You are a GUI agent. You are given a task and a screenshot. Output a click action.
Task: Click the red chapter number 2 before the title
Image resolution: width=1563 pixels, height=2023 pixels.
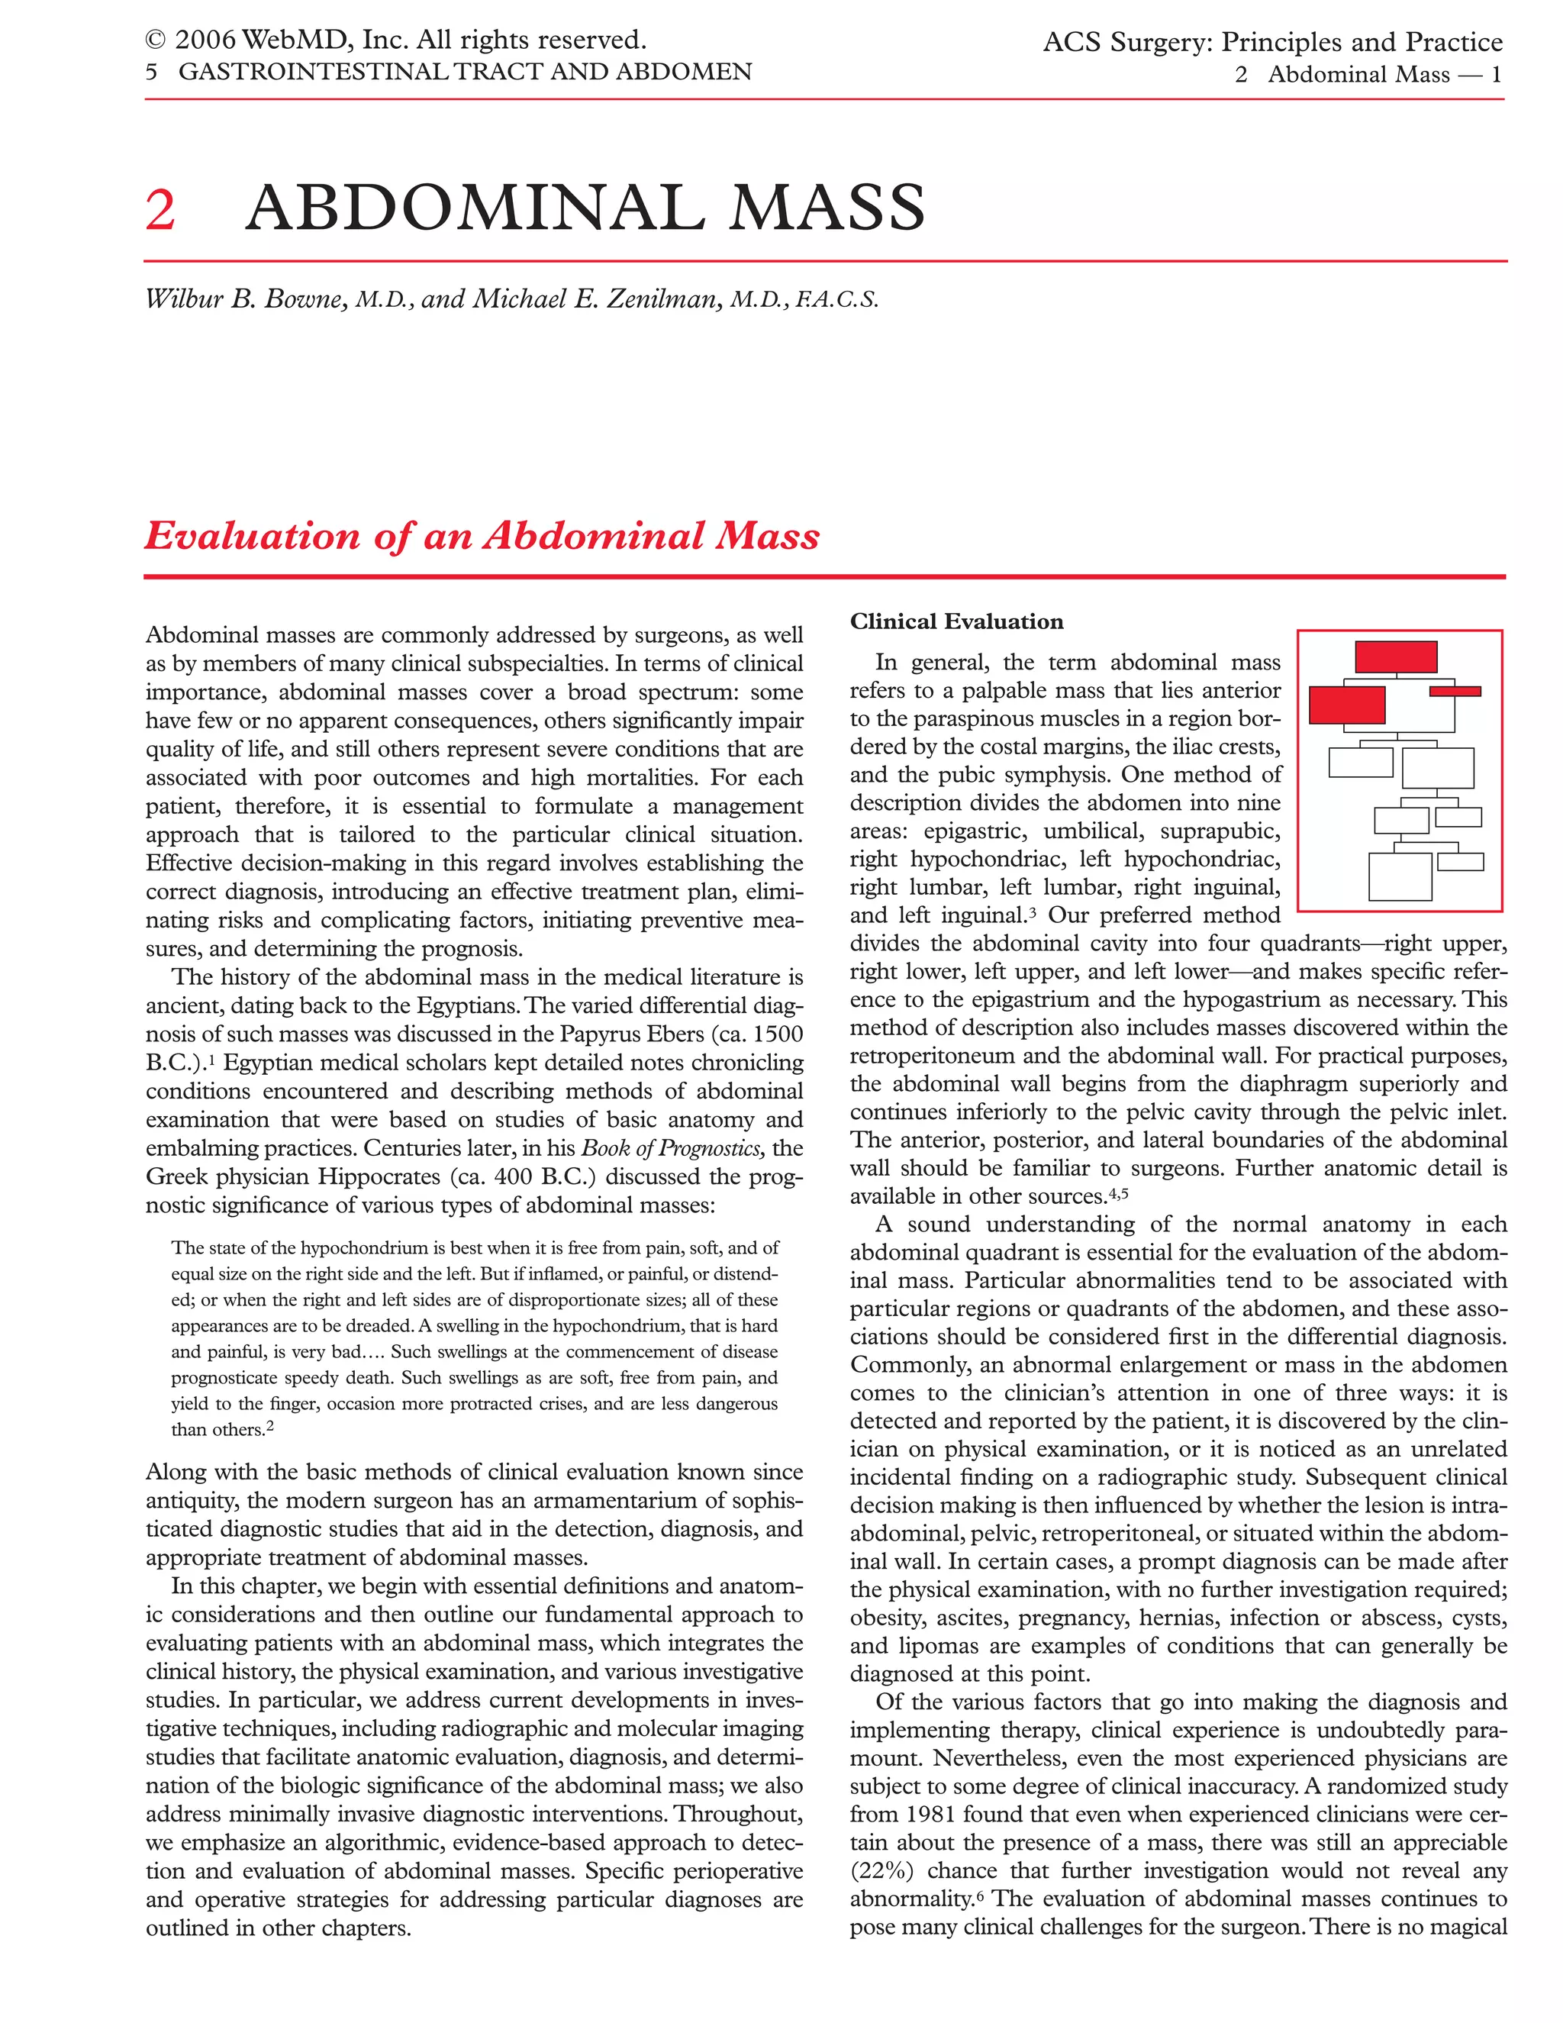(x=160, y=208)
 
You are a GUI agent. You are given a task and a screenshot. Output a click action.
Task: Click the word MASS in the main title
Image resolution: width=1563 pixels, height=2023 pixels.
(x=826, y=208)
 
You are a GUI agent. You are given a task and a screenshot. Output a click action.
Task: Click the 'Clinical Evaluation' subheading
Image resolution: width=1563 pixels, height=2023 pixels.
(x=956, y=621)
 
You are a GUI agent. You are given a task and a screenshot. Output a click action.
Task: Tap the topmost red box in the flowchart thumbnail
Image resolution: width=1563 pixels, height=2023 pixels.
(x=1395, y=657)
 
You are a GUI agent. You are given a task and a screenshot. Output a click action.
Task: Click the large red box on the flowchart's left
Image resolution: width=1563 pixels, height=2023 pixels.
(x=1346, y=705)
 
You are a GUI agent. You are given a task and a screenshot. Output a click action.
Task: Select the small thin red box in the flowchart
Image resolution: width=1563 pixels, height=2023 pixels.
(x=1455, y=691)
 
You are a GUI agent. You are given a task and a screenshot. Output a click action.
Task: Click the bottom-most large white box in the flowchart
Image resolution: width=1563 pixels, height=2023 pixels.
(x=1399, y=876)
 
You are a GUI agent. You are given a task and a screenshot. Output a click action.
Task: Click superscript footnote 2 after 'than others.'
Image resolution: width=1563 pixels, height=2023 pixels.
(x=269, y=1427)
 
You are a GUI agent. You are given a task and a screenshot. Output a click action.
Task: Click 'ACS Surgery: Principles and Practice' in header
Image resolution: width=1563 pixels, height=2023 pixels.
(x=1272, y=43)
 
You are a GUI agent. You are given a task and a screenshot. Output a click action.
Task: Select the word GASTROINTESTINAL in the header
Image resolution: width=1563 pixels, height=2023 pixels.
(x=298, y=73)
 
